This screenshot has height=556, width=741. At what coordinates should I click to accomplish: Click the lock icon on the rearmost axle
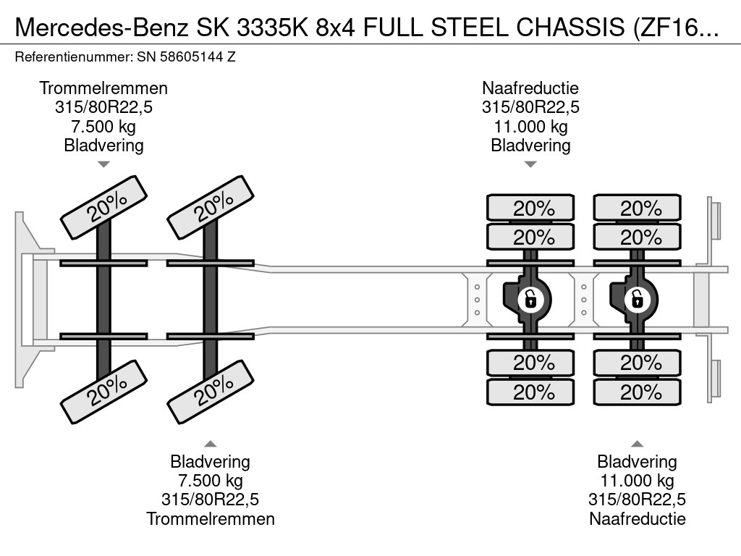click(637, 298)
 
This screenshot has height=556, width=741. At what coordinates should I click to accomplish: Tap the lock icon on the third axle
click(530, 298)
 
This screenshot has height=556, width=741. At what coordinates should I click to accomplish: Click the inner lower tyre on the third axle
click(530, 362)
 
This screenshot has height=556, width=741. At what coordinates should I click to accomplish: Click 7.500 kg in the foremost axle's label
click(103, 126)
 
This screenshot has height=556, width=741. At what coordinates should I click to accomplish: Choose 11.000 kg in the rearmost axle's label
click(637, 481)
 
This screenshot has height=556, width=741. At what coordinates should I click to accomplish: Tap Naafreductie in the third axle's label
click(530, 88)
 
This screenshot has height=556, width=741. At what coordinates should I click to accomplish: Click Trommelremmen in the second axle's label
click(211, 518)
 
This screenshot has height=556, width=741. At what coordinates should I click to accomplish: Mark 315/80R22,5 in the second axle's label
click(211, 500)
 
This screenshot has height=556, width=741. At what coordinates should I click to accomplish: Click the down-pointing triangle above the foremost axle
click(103, 164)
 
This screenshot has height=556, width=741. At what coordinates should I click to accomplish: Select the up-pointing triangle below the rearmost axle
click(637, 443)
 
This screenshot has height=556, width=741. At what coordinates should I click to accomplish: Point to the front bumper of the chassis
click(26, 298)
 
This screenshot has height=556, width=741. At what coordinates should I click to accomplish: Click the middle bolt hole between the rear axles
click(584, 299)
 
